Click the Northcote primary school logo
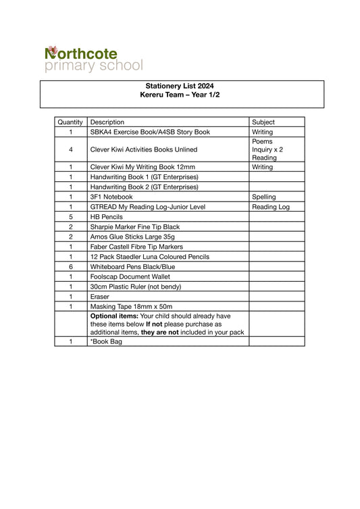(x=94, y=59)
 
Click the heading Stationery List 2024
(x=180, y=86)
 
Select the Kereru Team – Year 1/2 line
(x=180, y=95)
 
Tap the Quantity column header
(x=70, y=122)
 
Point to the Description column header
(x=107, y=122)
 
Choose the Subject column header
(x=263, y=122)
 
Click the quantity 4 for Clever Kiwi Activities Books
(x=70, y=149)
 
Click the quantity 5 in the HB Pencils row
(x=70, y=217)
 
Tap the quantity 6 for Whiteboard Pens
(x=70, y=266)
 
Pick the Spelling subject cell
(x=264, y=197)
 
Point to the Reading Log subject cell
(x=270, y=207)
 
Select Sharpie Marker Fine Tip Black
(x=135, y=227)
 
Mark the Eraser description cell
(x=100, y=297)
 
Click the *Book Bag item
(x=106, y=341)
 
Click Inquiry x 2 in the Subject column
(x=267, y=149)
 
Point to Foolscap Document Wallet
(x=133, y=276)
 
